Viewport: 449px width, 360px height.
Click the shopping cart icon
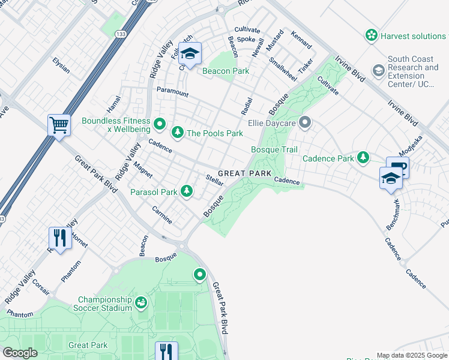coord(59,125)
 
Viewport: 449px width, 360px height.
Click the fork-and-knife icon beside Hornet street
coord(59,238)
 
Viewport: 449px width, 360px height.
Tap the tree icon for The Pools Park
coord(177,132)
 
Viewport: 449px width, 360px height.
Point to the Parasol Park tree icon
coord(187,191)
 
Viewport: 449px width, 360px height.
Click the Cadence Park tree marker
coord(363,158)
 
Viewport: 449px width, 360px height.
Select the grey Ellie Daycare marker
coord(305,123)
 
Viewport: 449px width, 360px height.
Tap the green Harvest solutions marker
coord(372,35)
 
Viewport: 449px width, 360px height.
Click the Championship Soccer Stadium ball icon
coord(141,302)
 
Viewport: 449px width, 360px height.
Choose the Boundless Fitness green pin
coord(159,124)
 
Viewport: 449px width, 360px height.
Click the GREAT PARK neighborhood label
coord(241,173)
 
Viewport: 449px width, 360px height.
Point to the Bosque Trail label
coord(274,149)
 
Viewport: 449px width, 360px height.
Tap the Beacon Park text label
coord(226,71)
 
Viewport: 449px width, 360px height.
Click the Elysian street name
coord(61,65)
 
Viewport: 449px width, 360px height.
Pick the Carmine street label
coord(161,216)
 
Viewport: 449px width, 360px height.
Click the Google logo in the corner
coord(20,353)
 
